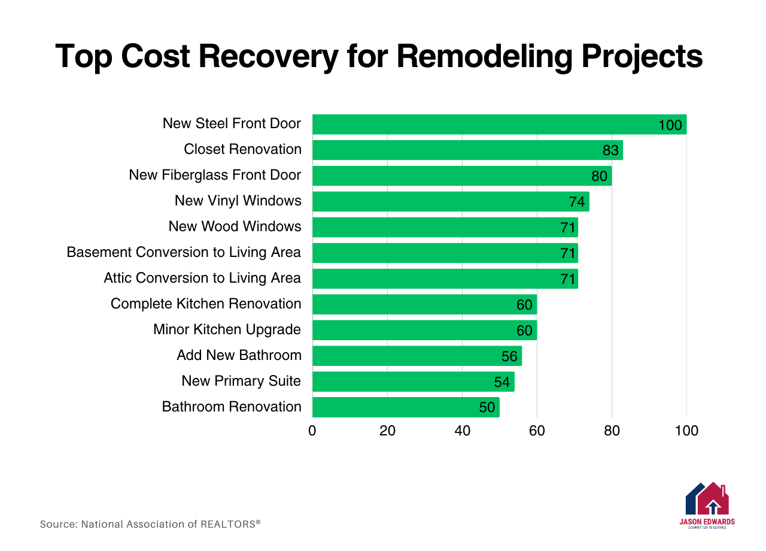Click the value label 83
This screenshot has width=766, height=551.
pos(610,151)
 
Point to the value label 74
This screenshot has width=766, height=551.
pos(577,202)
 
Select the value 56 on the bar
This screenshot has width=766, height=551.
pos(509,357)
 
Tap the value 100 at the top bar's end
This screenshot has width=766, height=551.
pos(670,125)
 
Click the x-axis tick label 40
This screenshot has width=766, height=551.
pos(462,431)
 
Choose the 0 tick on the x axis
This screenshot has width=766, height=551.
pos(312,431)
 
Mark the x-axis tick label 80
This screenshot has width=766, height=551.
pos(612,431)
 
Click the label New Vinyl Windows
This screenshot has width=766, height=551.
pos(238,201)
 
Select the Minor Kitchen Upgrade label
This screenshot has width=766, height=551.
pos(227,329)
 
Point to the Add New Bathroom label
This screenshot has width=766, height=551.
pos(239,355)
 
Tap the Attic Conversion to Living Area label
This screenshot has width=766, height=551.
pos(202,278)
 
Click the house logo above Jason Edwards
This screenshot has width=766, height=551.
pos(707,498)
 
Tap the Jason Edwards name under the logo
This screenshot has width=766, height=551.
pos(707,522)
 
